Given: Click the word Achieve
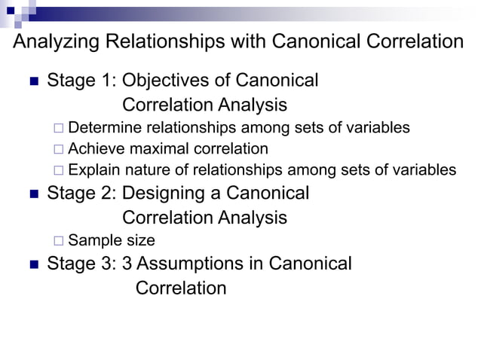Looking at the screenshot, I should (97, 149).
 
